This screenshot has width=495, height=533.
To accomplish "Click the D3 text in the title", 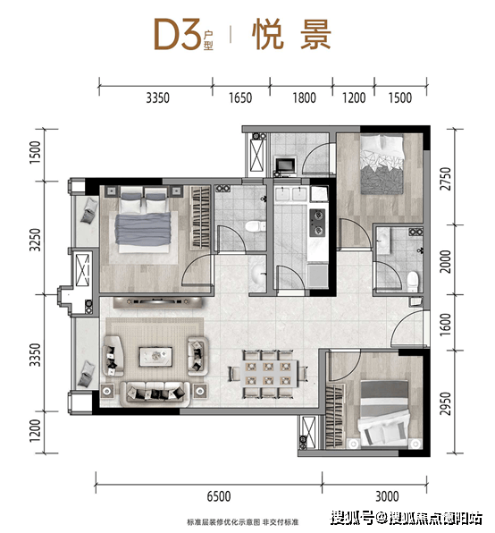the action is point(177,34).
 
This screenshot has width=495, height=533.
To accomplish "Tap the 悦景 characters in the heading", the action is point(291,34).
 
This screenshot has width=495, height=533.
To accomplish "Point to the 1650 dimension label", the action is point(240,97).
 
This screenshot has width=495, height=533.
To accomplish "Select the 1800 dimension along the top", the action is point(304,97).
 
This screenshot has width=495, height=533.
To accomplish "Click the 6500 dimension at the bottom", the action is point(219,496).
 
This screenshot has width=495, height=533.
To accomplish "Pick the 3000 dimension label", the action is point(387,496).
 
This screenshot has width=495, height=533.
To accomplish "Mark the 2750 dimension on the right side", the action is point(446,179).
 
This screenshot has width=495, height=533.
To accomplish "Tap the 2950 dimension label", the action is point(446,403).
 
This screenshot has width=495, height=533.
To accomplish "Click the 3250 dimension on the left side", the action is point(35,240).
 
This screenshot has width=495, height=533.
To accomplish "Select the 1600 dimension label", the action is point(446,325).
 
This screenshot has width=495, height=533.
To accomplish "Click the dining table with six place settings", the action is point(269,374).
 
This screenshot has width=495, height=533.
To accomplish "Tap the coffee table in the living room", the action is point(155,357).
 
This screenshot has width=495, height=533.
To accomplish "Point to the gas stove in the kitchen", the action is point(317,223).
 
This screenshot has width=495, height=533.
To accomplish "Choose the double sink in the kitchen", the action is point(291,194).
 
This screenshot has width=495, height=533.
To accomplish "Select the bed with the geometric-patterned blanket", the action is point(382,165).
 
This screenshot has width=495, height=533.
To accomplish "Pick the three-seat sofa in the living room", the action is point(155,394).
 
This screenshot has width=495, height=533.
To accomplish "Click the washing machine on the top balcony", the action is point(285,165).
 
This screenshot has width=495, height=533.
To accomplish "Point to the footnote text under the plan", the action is point(242,521).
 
